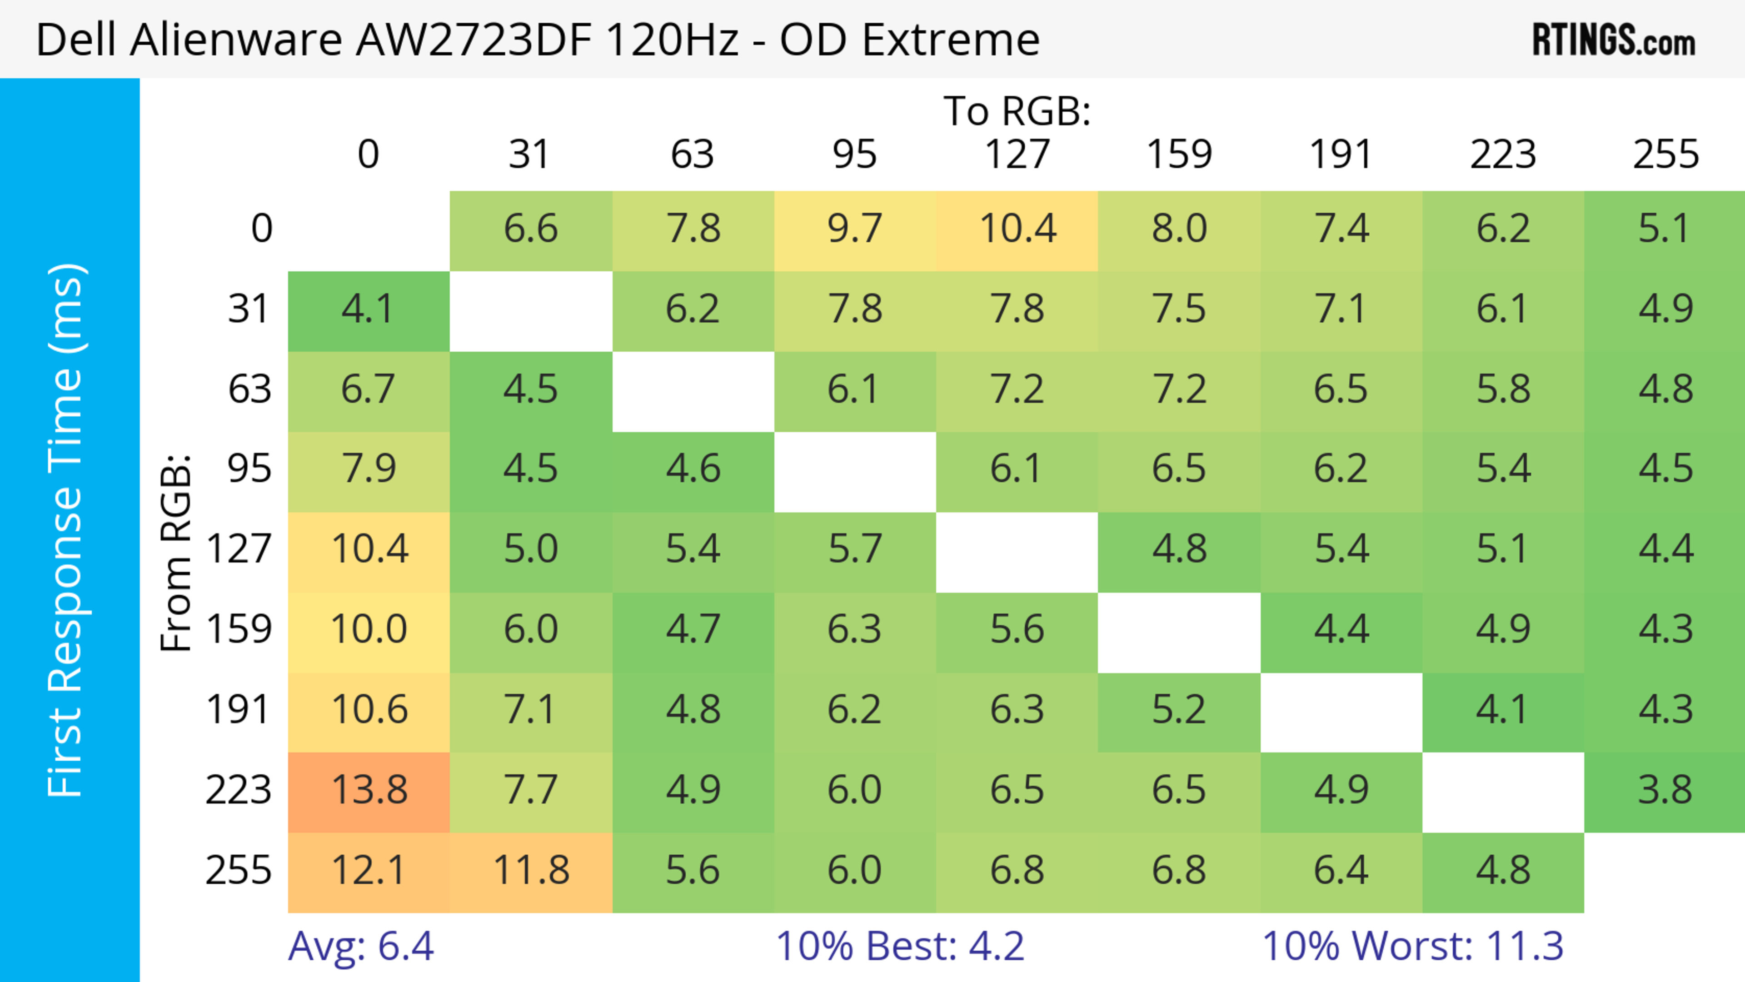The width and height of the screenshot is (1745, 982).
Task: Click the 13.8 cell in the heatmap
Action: (369, 790)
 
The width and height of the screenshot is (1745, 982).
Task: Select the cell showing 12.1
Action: (369, 870)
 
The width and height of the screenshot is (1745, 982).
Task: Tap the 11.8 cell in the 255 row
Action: (531, 870)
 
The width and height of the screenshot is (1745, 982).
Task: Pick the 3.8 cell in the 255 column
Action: (1665, 790)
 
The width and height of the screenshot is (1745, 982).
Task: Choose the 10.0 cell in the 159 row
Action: (369, 630)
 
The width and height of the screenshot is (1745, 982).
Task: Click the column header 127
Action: (1017, 155)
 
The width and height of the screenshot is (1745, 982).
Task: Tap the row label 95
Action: (249, 469)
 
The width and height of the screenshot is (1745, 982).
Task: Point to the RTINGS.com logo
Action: (1614, 40)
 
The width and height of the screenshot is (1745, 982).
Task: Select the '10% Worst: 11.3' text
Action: (1412, 946)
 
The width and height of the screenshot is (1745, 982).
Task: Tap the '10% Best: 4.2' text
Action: (900, 946)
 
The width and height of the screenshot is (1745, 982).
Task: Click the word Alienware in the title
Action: (236, 40)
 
